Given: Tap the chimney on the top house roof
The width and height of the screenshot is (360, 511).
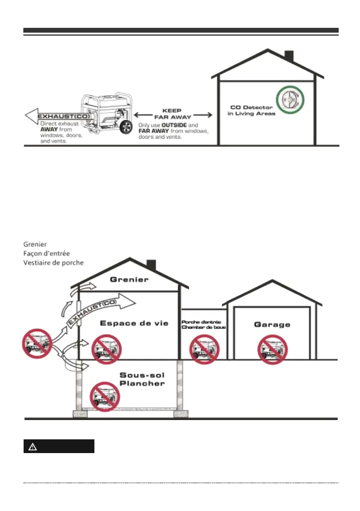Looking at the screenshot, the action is [289, 56].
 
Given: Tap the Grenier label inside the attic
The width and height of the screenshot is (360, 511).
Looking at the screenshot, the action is [129, 280].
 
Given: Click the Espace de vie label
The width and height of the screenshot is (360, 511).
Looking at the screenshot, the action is [128, 323].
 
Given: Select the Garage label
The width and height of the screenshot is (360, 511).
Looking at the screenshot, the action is [272, 324].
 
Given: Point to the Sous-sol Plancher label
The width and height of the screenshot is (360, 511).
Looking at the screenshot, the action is [142, 379].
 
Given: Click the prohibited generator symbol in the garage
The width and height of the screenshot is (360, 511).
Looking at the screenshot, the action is [272, 349].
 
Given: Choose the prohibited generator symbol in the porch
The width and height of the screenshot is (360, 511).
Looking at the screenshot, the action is [204, 349].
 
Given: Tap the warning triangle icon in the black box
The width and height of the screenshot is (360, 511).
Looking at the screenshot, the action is [33, 447].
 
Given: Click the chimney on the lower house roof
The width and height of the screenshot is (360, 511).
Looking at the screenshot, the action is [151, 265].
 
